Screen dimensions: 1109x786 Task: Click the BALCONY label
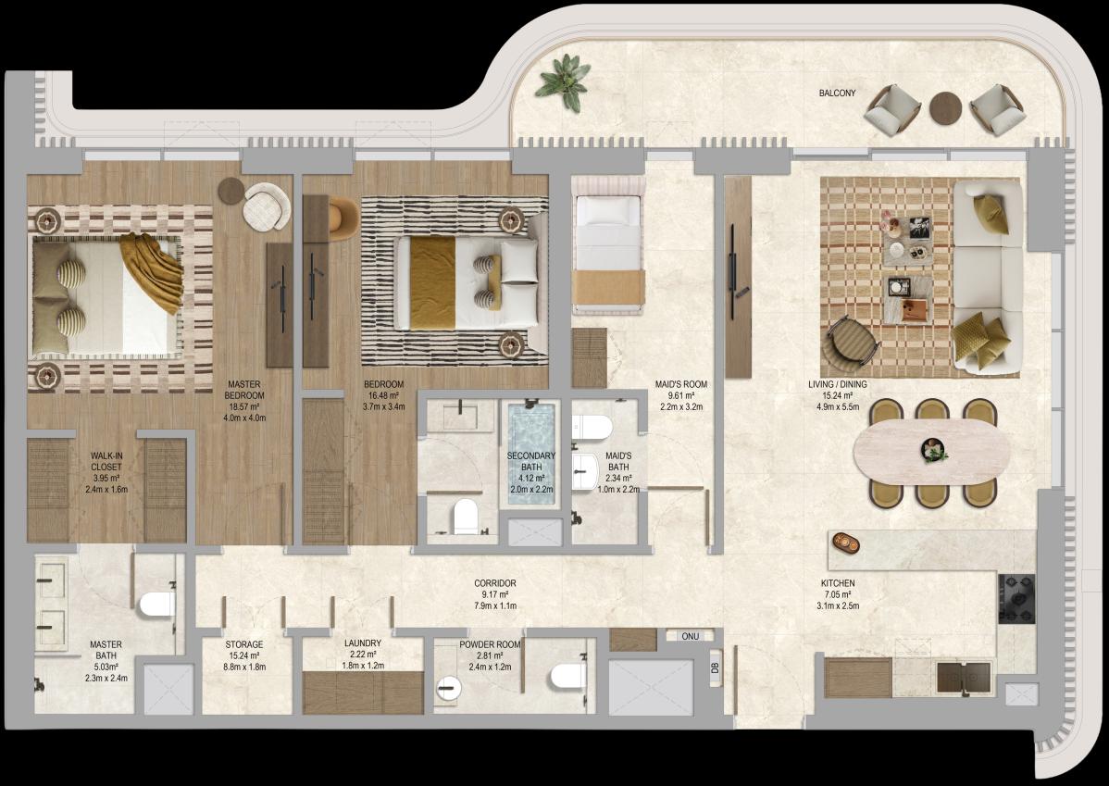click(x=837, y=94)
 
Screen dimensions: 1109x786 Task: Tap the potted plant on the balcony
click(x=563, y=82)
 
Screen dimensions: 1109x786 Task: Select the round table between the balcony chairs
click(x=946, y=109)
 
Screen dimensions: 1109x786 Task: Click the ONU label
click(x=691, y=637)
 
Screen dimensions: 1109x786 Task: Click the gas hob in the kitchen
click(x=1016, y=598)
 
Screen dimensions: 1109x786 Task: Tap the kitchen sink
click(x=965, y=678)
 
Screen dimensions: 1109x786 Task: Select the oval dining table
click(x=931, y=452)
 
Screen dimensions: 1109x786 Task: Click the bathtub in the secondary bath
click(x=532, y=453)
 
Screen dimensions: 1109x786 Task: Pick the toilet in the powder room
click(x=568, y=676)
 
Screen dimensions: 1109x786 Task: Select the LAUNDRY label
click(x=363, y=643)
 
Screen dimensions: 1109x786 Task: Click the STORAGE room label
click(x=244, y=645)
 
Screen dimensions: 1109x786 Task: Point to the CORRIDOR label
click(x=495, y=583)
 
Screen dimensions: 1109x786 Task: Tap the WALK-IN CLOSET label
click(x=106, y=462)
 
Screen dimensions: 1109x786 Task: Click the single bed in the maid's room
click(x=609, y=245)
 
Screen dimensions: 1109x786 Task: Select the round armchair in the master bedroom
click(x=267, y=206)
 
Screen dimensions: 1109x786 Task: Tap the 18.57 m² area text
click(x=244, y=406)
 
